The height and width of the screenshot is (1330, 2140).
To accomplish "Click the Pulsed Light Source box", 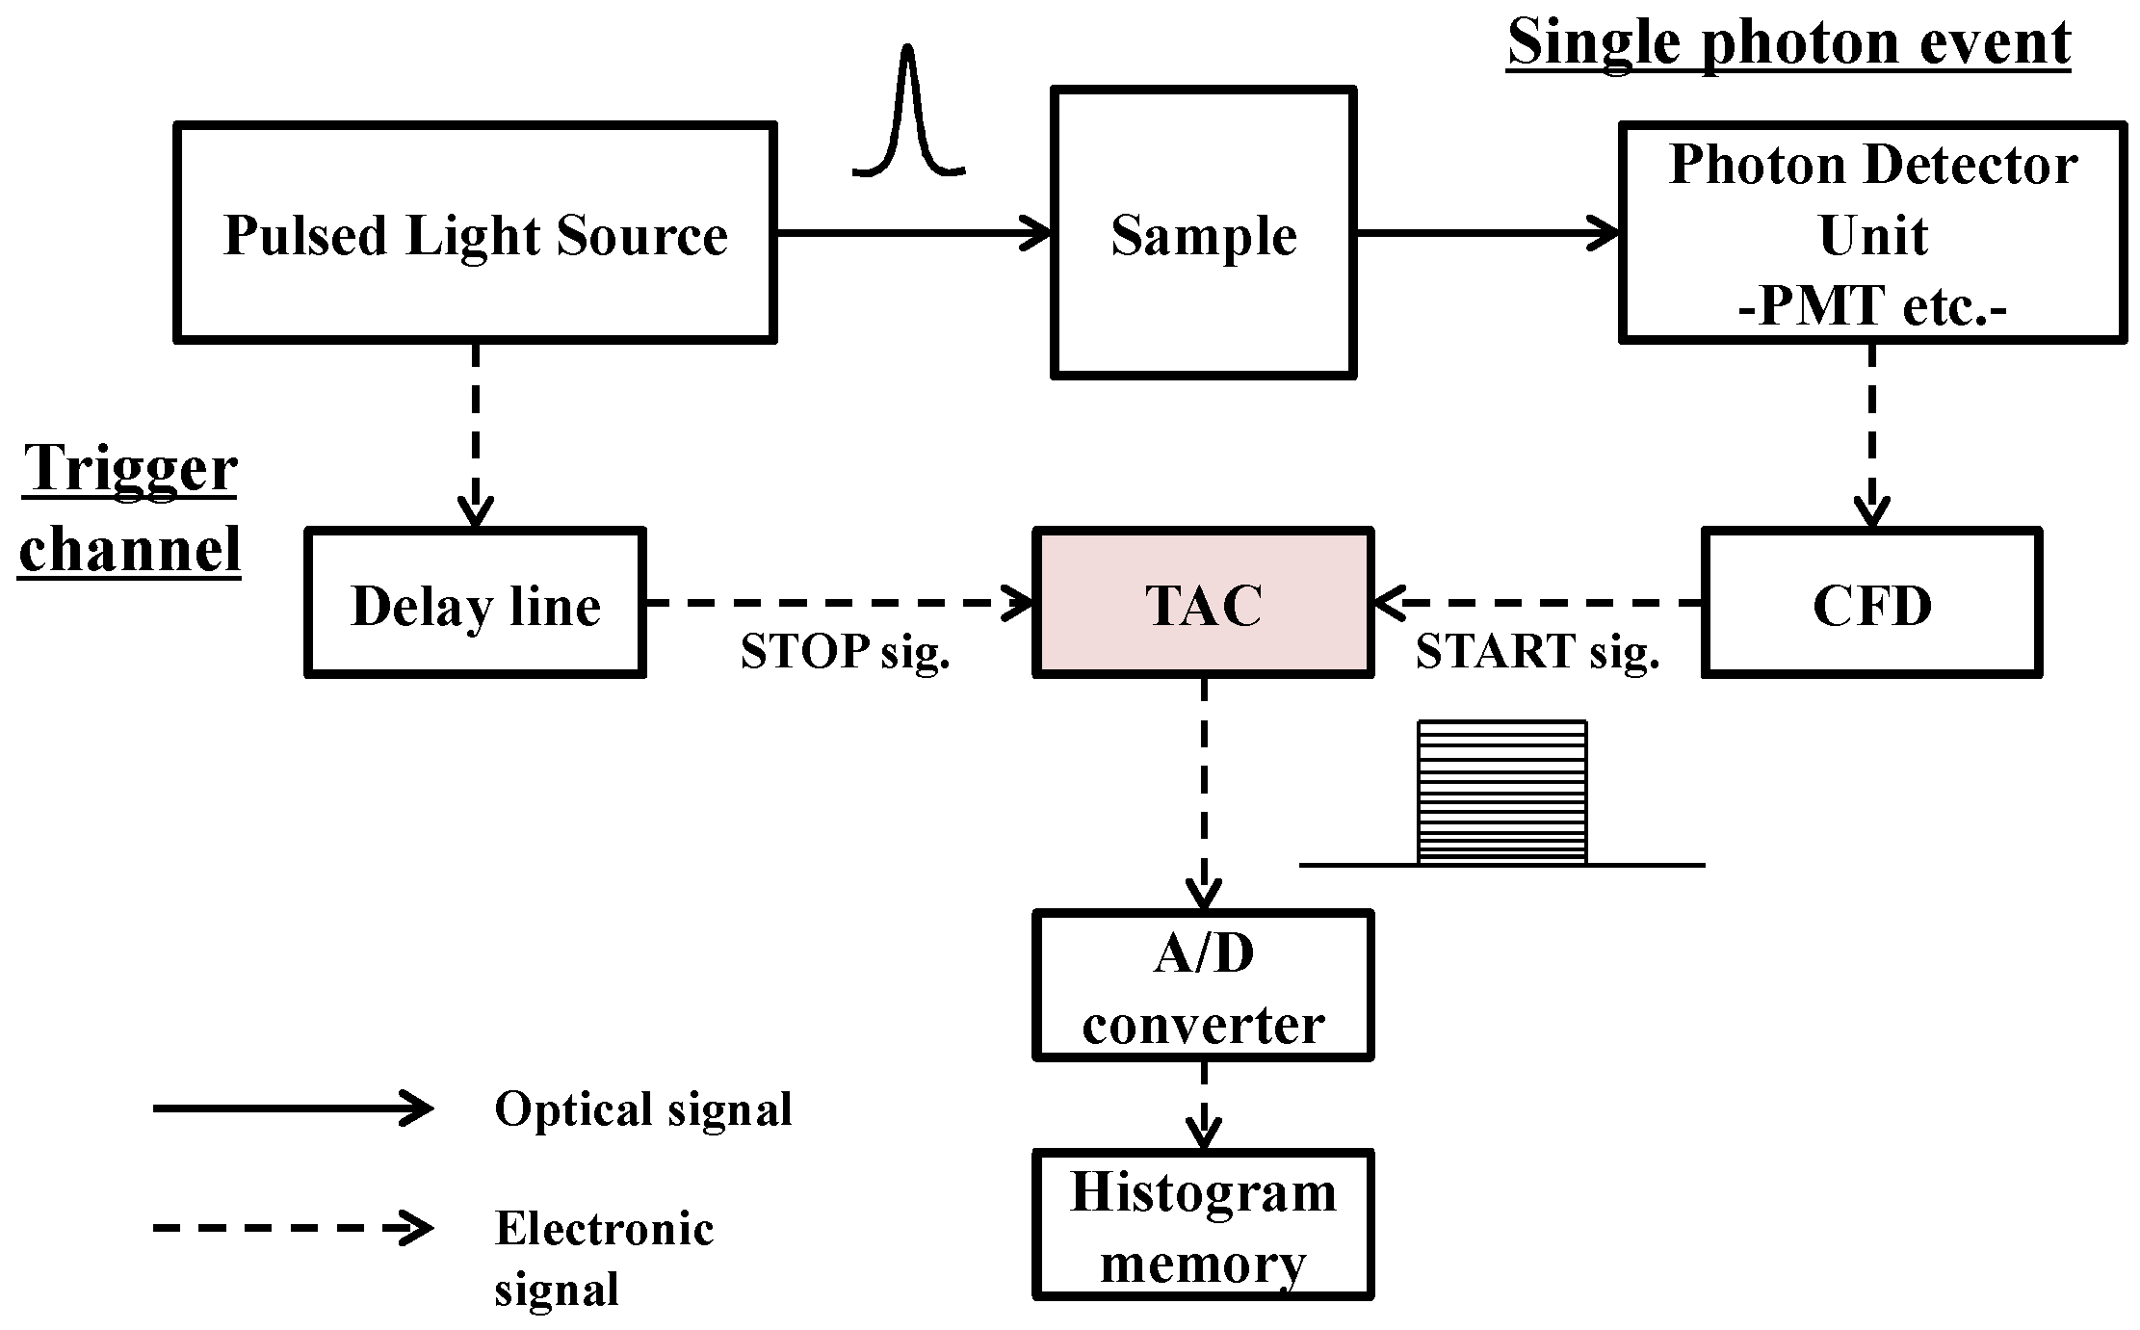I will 475,233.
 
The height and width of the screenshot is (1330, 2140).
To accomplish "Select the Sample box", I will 1203,233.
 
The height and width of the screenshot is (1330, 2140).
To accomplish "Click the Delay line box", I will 475,604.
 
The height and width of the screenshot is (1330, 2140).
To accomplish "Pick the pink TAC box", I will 1203,604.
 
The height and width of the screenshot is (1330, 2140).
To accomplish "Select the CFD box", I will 1871,604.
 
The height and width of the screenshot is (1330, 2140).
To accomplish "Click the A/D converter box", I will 1203,986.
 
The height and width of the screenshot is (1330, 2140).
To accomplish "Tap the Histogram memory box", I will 1203,1225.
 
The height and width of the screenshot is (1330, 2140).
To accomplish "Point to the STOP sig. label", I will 845,652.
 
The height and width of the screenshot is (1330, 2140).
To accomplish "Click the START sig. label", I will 1537,652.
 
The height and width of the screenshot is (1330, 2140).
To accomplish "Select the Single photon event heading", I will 1788,42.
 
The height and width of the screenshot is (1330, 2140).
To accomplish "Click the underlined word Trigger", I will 130,469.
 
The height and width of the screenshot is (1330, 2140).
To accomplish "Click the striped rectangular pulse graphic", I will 1501,792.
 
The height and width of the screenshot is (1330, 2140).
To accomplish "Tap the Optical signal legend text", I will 642,1108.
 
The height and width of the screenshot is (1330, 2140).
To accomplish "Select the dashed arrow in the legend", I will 292,1228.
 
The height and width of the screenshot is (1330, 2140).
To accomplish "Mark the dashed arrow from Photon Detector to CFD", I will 1871,433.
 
